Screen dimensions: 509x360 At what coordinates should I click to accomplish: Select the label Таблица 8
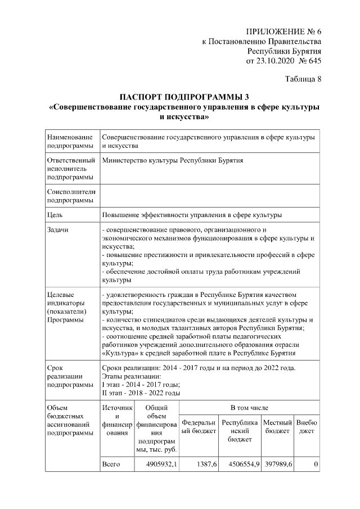[303, 79]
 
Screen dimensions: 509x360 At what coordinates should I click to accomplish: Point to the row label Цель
[55, 214]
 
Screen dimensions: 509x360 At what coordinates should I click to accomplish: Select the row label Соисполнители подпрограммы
[71, 195]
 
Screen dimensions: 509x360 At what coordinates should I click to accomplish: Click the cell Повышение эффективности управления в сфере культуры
[192, 214]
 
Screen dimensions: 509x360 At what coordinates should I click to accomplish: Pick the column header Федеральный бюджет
[200, 426]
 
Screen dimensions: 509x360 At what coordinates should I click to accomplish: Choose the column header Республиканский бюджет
[240, 430]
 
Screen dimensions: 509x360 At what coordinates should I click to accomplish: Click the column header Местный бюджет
[277, 426]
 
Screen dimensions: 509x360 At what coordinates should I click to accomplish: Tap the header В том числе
[249, 407]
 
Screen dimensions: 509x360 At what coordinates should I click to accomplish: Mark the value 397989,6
[277, 464]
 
